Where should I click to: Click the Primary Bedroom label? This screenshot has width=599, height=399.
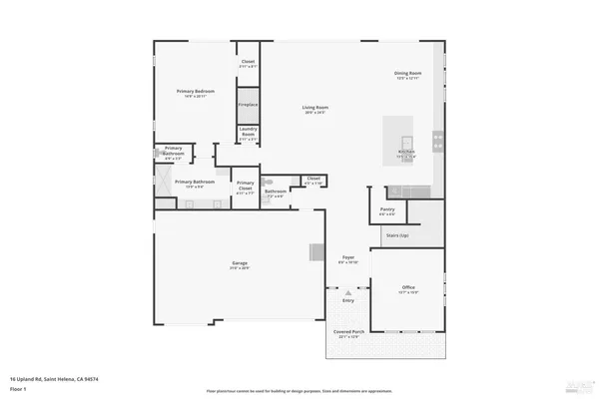(196, 92)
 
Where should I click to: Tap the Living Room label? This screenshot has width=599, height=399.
(315, 109)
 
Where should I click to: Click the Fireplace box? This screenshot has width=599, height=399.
(248, 105)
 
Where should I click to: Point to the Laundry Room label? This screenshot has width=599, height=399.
(248, 136)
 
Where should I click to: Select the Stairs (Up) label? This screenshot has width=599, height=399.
(396, 235)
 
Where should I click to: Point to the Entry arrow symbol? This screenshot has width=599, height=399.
(348, 292)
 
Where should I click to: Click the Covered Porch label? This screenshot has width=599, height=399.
(347, 334)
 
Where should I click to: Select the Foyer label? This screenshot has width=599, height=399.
(348, 258)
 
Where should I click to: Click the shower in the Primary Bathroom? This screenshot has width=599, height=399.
(163, 181)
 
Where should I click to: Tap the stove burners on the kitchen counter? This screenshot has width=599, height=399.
(436, 139)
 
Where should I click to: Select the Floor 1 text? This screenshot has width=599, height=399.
(18, 387)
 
